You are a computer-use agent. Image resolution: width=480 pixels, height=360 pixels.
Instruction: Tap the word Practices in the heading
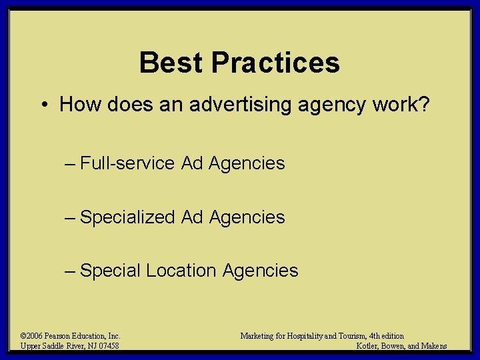coord(275,63)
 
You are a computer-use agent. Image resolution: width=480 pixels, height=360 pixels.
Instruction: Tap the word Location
coord(181,271)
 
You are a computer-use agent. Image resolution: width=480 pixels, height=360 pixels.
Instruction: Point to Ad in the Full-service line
coord(192,163)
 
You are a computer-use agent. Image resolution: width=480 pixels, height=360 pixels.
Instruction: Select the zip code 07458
coord(108,346)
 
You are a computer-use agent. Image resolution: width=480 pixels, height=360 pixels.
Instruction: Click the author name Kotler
coord(369,346)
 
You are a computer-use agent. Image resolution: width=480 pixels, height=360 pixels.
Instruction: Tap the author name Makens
coord(434,346)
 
